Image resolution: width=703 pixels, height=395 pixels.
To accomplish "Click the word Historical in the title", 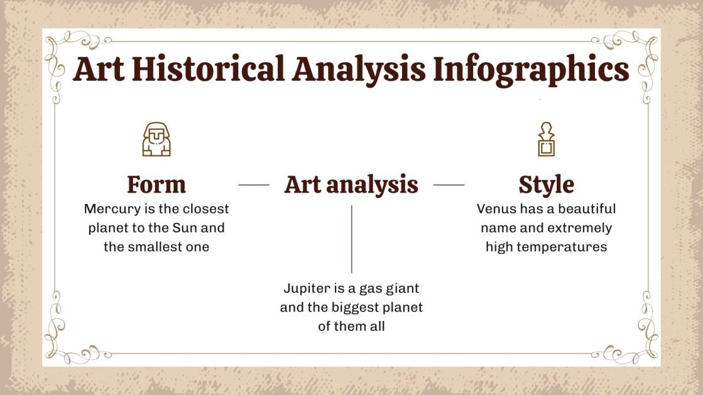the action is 209,69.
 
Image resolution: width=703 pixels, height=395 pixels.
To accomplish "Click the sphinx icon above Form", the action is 156,139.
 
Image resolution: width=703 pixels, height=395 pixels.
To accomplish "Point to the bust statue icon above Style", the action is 546,139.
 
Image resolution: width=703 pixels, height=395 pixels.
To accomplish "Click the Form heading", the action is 156,184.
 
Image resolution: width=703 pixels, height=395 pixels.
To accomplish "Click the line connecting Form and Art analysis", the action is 254,185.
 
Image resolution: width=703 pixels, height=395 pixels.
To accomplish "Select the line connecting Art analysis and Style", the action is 449,185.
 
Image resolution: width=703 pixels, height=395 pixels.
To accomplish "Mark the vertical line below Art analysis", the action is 352,239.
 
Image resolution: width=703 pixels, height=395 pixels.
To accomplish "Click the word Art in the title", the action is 99,69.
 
